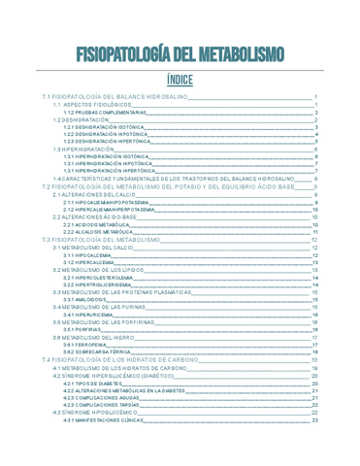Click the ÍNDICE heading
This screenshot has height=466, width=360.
(180, 80)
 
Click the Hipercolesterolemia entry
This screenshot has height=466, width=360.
(98, 277)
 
